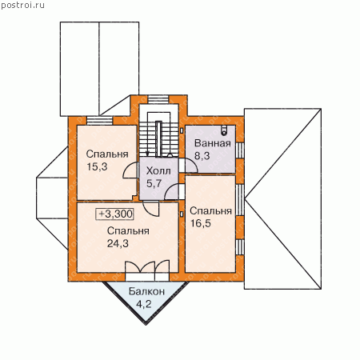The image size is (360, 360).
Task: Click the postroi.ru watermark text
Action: (x=22, y=5)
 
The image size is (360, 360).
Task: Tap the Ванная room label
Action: (x=213, y=143)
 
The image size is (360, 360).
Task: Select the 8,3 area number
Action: (x=202, y=156)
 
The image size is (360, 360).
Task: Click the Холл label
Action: (x=158, y=171)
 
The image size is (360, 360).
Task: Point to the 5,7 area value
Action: (x=154, y=183)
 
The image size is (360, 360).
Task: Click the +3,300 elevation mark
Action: (x=115, y=214)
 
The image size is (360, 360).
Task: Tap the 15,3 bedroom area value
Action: (x=97, y=166)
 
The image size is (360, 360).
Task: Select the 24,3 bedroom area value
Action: (x=118, y=243)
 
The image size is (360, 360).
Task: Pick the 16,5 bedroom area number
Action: (x=200, y=223)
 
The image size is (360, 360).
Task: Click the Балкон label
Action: (x=146, y=291)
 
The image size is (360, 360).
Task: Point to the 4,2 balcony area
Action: (x=143, y=304)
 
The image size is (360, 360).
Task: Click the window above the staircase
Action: (x=158, y=99)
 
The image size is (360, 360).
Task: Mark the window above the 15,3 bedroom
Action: (x=100, y=121)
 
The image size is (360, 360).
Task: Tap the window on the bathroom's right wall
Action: (x=240, y=150)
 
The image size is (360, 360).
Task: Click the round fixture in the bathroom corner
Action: (x=224, y=130)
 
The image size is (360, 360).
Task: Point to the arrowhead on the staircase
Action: (x=147, y=153)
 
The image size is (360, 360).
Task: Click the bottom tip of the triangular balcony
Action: (x=146, y=324)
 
